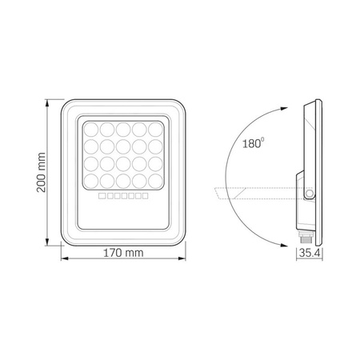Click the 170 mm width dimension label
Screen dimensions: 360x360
(x=124, y=254)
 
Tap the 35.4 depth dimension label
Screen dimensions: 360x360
(x=308, y=254)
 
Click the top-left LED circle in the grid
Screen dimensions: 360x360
(x=89, y=128)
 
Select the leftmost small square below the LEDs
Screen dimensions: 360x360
(x=101, y=196)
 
